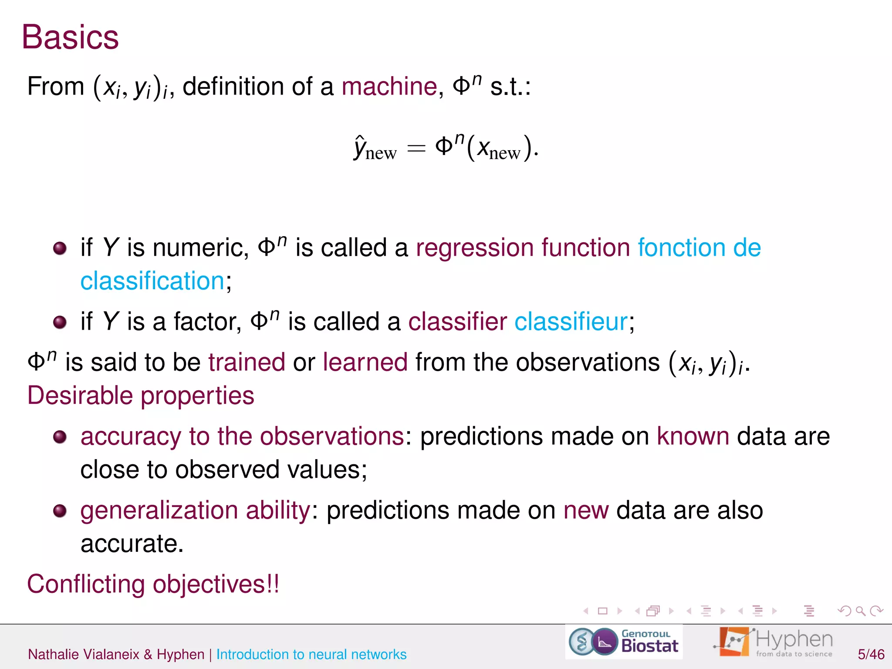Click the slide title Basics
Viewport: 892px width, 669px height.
[x=70, y=37]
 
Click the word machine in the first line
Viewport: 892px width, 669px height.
[x=389, y=86]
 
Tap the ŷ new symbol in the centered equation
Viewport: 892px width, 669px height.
[x=375, y=149]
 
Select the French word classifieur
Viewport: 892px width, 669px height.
[x=571, y=322]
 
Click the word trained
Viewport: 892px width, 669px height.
[x=247, y=362]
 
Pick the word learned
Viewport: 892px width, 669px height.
[x=365, y=362]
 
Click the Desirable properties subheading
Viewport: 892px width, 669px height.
[x=141, y=395]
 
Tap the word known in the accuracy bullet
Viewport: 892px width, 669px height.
[x=693, y=436]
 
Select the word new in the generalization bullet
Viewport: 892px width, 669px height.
[x=586, y=510]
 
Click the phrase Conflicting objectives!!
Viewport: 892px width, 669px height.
[x=153, y=584]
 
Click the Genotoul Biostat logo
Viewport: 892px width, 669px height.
[x=624, y=642]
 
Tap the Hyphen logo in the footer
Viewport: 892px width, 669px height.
[x=774, y=642]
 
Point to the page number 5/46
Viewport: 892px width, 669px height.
[x=871, y=654]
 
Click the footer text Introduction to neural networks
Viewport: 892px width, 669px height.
[x=311, y=654]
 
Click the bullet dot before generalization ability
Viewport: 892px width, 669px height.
[x=60, y=510]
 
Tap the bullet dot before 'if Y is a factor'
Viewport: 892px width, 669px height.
[x=60, y=322]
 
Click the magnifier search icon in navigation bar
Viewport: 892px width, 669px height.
[x=860, y=611]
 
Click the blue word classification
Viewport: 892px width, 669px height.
[x=152, y=281]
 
